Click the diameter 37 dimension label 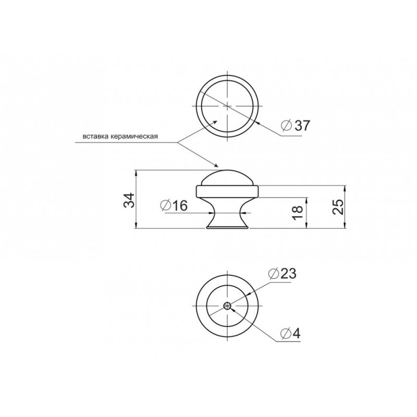pyautogui.click(x=296, y=126)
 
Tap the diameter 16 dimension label pyautogui.click(x=174, y=205)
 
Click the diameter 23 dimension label pyautogui.click(x=282, y=274)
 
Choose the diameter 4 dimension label pyautogui.click(x=290, y=334)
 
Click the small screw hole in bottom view pyautogui.click(x=227, y=306)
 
